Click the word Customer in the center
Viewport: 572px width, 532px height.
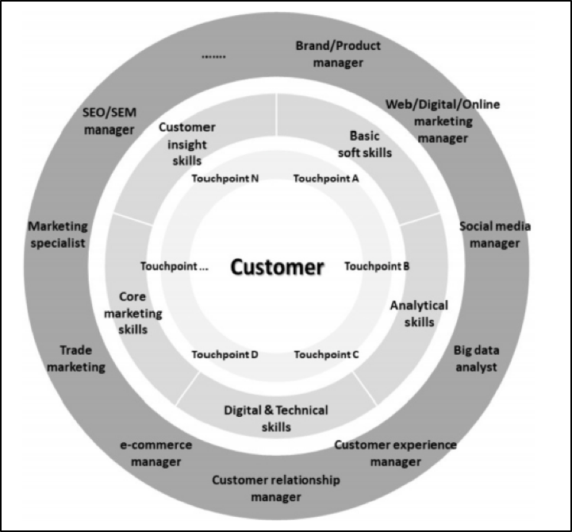[277, 267]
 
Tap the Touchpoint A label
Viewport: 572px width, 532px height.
[326, 179]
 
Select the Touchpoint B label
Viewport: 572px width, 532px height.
[377, 267]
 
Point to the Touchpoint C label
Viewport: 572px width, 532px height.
[326, 354]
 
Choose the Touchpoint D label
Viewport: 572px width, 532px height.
[225, 354]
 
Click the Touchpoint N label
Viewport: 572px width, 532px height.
[225, 179]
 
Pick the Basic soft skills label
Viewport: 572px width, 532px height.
[365, 144]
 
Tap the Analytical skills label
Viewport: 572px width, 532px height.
[419, 314]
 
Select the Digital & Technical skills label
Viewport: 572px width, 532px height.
[275, 418]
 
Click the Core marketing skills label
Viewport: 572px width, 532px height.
[133, 313]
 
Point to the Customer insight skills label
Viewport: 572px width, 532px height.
[187, 143]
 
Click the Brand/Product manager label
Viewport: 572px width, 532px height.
[338, 53]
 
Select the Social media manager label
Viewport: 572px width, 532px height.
[495, 234]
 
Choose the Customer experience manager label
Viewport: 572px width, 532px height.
[395, 453]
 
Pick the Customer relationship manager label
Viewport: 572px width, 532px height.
[276, 488]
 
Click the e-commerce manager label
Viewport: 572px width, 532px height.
[156, 453]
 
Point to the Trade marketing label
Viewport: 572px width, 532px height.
[82, 358]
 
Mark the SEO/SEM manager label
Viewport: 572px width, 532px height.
[108, 121]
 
